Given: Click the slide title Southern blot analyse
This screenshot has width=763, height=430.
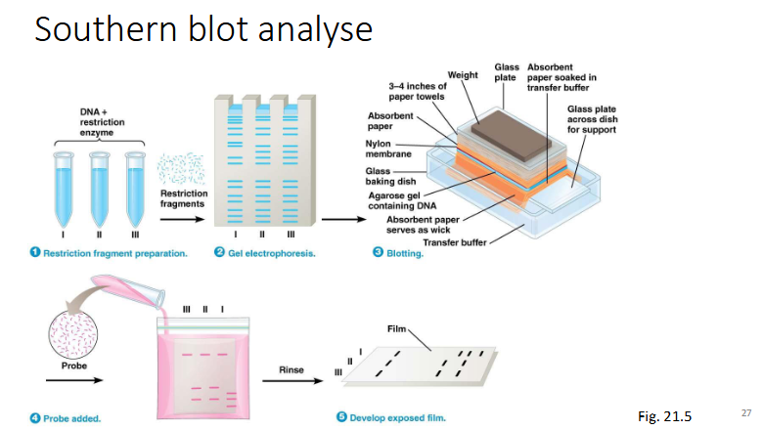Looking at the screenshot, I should (x=203, y=28).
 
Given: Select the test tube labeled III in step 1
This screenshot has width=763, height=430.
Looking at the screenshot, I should (x=135, y=186).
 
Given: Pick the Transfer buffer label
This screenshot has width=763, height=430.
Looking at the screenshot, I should (x=453, y=241).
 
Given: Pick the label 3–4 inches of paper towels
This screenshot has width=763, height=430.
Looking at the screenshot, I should (x=418, y=91).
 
